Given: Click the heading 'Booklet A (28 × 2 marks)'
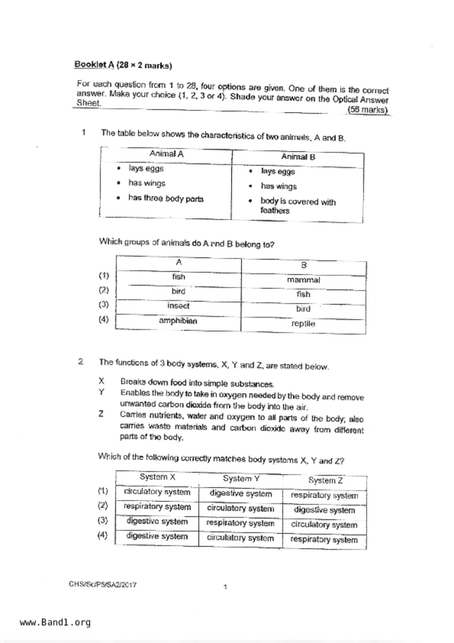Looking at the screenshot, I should click(123, 65).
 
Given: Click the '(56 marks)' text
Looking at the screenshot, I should click(368, 110).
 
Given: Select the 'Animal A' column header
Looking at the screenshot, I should click(166, 154).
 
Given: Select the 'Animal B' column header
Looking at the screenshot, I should click(298, 157).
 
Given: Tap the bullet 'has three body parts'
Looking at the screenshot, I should click(166, 199).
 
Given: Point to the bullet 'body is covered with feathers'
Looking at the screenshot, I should click(298, 206).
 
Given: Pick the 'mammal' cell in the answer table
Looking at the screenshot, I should click(303, 280).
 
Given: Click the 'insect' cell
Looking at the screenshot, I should click(178, 306).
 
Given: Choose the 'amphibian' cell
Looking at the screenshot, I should click(178, 321).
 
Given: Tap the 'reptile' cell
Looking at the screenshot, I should click(303, 324).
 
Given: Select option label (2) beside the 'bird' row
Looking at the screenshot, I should click(104, 290).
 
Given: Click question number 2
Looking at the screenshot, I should click(81, 362).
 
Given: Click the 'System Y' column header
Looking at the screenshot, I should click(241, 478).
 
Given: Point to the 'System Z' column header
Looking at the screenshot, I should click(325, 480).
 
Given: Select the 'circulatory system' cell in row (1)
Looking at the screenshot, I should click(157, 492).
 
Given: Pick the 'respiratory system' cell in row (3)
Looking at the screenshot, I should click(240, 523).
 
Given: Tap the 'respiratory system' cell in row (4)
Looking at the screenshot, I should click(324, 540).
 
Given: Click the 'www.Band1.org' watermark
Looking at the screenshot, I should click(55, 622).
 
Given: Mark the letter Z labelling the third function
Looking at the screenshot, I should click(101, 414).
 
